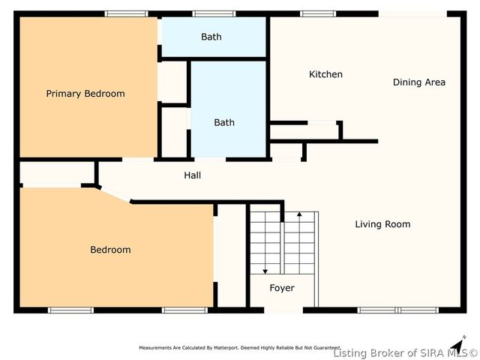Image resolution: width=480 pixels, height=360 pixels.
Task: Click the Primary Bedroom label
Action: pyautogui.click(x=85, y=94)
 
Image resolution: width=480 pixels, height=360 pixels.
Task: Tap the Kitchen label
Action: pyautogui.click(x=325, y=74)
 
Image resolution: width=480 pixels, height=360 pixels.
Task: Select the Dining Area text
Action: pyautogui.click(x=418, y=82)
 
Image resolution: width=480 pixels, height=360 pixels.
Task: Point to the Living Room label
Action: pyautogui.click(x=382, y=224)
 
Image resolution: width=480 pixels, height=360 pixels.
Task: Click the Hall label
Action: pyautogui.click(x=192, y=175)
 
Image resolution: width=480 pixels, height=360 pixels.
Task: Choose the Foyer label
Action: pyautogui.click(x=282, y=288)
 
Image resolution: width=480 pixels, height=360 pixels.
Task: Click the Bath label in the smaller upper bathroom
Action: pyautogui.click(x=211, y=37)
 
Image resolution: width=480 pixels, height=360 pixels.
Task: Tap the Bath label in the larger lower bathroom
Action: pyautogui.click(x=223, y=123)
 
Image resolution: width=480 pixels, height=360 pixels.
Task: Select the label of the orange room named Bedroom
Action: pyautogui.click(x=110, y=250)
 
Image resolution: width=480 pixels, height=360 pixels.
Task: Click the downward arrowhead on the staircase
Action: pyautogui.click(x=265, y=271)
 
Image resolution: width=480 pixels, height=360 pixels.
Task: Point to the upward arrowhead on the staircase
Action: pyautogui.click(x=299, y=215)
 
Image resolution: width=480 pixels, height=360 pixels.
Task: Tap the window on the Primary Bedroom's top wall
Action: pyautogui.click(x=126, y=13)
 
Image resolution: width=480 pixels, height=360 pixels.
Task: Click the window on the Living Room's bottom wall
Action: pyautogui.click(x=397, y=310)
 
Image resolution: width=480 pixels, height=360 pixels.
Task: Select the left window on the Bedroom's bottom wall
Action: pyautogui.click(x=70, y=310)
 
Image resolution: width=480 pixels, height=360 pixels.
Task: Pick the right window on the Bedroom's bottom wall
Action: pyautogui.click(x=184, y=310)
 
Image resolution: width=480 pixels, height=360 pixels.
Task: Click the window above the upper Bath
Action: pyautogui.click(x=214, y=13)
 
